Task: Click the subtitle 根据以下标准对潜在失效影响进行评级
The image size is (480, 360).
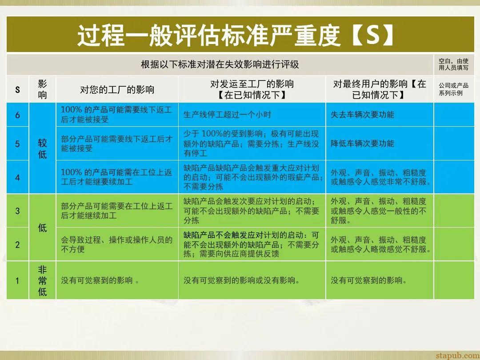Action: click(220, 64)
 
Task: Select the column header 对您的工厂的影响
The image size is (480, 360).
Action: click(117, 89)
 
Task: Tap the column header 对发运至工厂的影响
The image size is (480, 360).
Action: click(252, 89)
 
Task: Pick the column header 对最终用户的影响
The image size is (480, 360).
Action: click(379, 89)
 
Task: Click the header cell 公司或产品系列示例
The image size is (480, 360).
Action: click(453, 89)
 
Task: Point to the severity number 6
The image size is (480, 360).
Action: click(17, 115)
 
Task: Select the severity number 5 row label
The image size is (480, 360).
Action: click(17, 144)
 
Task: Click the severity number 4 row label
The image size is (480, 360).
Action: click(17, 177)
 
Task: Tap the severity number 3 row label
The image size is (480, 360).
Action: click(17, 211)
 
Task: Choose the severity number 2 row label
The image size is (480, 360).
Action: click(17, 244)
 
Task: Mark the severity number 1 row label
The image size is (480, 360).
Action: click(17, 280)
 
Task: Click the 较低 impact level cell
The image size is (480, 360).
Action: click(42, 148)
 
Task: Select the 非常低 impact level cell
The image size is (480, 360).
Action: click(42, 280)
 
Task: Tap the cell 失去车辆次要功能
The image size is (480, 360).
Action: click(362, 115)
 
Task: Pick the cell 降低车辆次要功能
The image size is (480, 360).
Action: click(362, 144)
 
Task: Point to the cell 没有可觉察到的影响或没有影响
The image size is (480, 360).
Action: click(241, 280)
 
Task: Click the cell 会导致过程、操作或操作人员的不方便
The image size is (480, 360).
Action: click(116, 244)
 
